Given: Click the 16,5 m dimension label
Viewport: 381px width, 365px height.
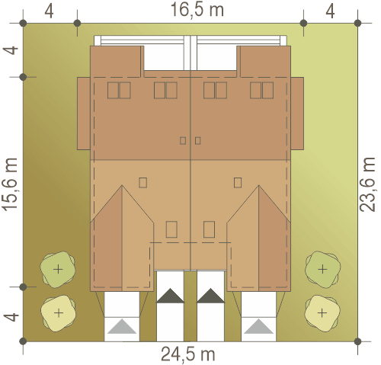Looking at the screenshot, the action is tap(197, 11).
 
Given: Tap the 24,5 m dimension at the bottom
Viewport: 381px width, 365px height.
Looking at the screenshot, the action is tap(188, 354).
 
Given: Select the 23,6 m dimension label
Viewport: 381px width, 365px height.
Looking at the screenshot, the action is tap(367, 184).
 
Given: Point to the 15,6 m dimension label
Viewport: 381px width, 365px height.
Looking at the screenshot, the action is tap(10, 184).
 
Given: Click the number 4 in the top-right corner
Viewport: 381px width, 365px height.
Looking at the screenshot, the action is tap(330, 11).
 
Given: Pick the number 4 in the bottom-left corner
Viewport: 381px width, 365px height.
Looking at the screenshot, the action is tap(11, 317).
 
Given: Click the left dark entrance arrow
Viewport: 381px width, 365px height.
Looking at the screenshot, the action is tap(170, 296).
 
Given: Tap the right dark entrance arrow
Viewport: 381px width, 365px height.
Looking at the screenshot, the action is tap(211, 296).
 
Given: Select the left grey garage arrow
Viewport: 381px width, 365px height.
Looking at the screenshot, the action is tap(122, 326).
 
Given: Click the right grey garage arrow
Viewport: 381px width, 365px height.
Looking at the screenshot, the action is tap(258, 326).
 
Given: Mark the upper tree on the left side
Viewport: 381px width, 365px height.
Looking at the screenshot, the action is tap(58, 269).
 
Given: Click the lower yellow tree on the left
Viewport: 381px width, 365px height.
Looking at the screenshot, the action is tap(59, 313).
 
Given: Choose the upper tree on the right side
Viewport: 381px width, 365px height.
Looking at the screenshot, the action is tap(322, 269).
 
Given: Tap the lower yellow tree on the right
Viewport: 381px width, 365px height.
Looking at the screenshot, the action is tap(322, 313).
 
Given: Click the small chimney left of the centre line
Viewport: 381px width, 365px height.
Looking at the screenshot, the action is tap(183, 140).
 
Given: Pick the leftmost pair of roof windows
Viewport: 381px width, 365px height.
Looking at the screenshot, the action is tap(119, 90).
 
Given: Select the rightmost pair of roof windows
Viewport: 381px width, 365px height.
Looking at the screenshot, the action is tap(261, 90).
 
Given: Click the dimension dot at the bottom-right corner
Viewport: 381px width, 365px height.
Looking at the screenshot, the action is tap(357, 341).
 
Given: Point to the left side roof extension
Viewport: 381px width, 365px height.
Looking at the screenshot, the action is tap(84, 114).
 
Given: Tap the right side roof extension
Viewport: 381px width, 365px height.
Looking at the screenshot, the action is tap(297, 114).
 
